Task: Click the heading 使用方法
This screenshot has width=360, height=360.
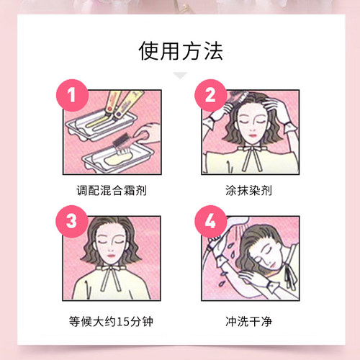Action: (x=180, y=51)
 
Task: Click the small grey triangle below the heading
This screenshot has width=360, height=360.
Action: (x=180, y=75)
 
